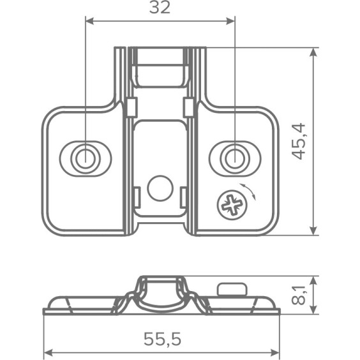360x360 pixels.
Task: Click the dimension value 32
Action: pos(160,8)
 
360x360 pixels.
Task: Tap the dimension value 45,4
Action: pos(299,142)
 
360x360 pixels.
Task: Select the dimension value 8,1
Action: pos(299,295)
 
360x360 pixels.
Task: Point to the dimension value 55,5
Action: pos(162,339)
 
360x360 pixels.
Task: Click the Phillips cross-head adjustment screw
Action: pos(232,205)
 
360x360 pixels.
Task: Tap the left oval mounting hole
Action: pos(86,159)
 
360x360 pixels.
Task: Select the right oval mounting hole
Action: pos(235,159)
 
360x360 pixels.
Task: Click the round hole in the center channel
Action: pos(160,188)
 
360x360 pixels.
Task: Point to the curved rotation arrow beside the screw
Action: pos(249,191)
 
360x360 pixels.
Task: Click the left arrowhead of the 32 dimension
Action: pos(90,21)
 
